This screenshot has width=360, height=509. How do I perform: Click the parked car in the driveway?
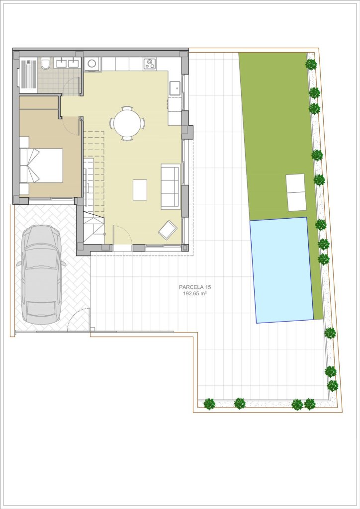point(41,274)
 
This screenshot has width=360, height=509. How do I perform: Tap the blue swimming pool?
point(281,270)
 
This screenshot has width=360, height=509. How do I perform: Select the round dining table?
point(127,124)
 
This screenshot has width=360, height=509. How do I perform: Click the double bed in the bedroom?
point(41,165)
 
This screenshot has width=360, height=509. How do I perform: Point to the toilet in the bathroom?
point(46,63)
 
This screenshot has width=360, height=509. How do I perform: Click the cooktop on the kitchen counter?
point(150,63)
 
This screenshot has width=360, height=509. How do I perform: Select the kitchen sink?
point(175,87)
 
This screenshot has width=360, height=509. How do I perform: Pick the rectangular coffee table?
point(140,190)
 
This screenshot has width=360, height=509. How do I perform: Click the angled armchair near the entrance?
point(168,230)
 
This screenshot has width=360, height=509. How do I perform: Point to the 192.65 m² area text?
point(195,293)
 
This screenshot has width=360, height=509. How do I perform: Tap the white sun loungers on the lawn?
point(296,192)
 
